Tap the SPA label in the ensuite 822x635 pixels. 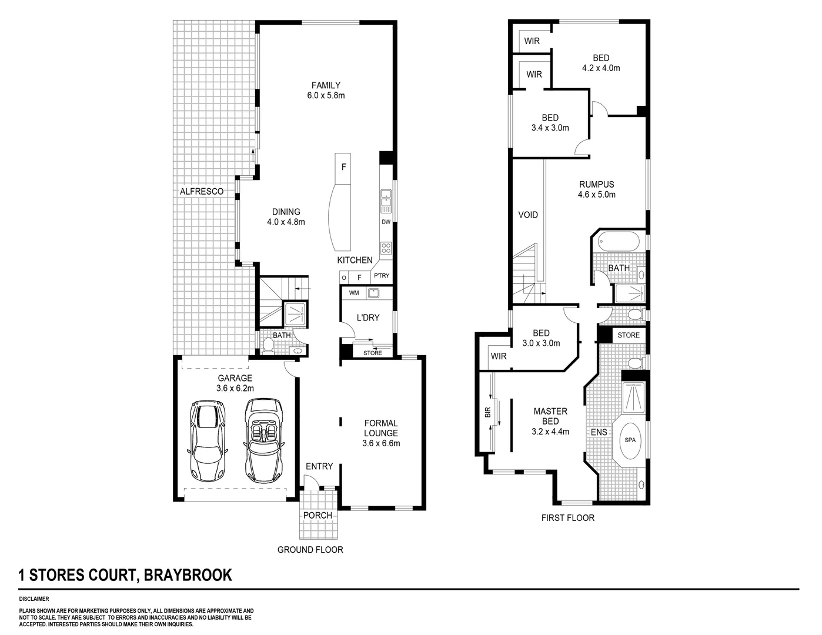tap(630, 439)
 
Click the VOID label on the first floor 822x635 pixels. tap(527, 215)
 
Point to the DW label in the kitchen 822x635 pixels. tap(386, 222)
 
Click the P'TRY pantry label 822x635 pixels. tap(381, 276)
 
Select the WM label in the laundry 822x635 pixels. tap(354, 292)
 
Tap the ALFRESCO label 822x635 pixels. tap(201, 192)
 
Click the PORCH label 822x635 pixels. tap(318, 516)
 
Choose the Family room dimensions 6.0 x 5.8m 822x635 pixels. tap(326, 95)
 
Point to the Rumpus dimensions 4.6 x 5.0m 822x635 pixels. tap(596, 195)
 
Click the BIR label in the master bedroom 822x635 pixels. tap(487, 413)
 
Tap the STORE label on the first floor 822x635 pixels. tap(628, 335)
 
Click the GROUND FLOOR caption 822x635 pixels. tap(310, 550)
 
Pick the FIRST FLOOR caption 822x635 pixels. tap(567, 518)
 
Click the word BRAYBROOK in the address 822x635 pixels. tap(188, 574)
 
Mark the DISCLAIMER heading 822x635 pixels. tap(35, 599)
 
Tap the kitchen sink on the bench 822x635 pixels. tap(386, 200)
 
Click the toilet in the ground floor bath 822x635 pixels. tap(268, 345)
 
